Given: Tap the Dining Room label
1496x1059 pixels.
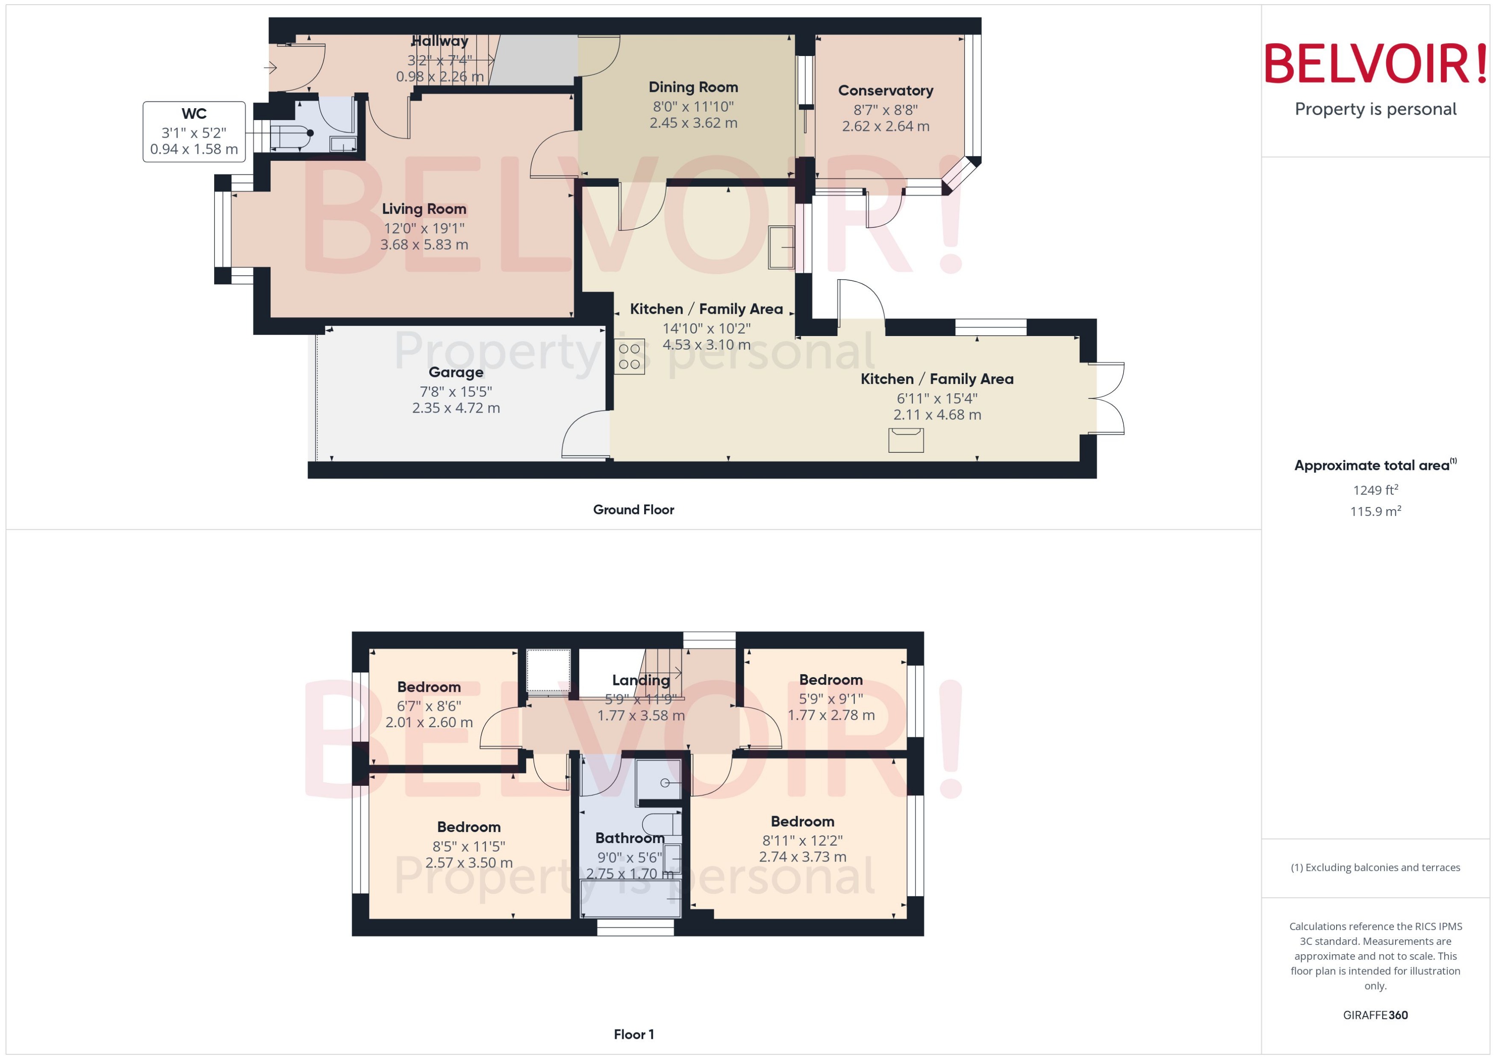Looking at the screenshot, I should pyautogui.click(x=693, y=87).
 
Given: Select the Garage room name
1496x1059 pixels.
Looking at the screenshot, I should pyautogui.click(x=456, y=372).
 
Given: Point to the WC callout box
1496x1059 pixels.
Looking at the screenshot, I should pyautogui.click(x=194, y=131).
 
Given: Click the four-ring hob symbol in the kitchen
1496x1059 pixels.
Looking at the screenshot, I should pyautogui.click(x=629, y=357).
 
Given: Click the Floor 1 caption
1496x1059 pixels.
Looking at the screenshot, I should pyautogui.click(x=633, y=1034).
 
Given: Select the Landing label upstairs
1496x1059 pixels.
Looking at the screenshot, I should pyautogui.click(x=640, y=680).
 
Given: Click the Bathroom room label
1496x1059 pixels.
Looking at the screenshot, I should pyautogui.click(x=629, y=838).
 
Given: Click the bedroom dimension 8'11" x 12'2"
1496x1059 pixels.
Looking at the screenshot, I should pyautogui.click(x=802, y=841).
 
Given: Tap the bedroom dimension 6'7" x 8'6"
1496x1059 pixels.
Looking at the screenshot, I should pyautogui.click(x=428, y=705).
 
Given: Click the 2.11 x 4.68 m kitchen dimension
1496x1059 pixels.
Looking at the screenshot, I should pyautogui.click(x=937, y=415).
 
